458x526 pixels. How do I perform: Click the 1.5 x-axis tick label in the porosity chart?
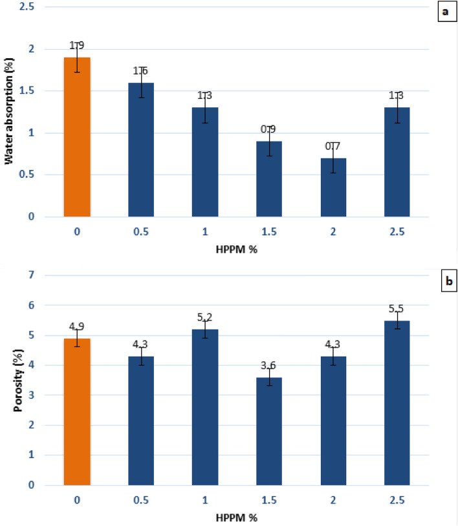269,500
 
